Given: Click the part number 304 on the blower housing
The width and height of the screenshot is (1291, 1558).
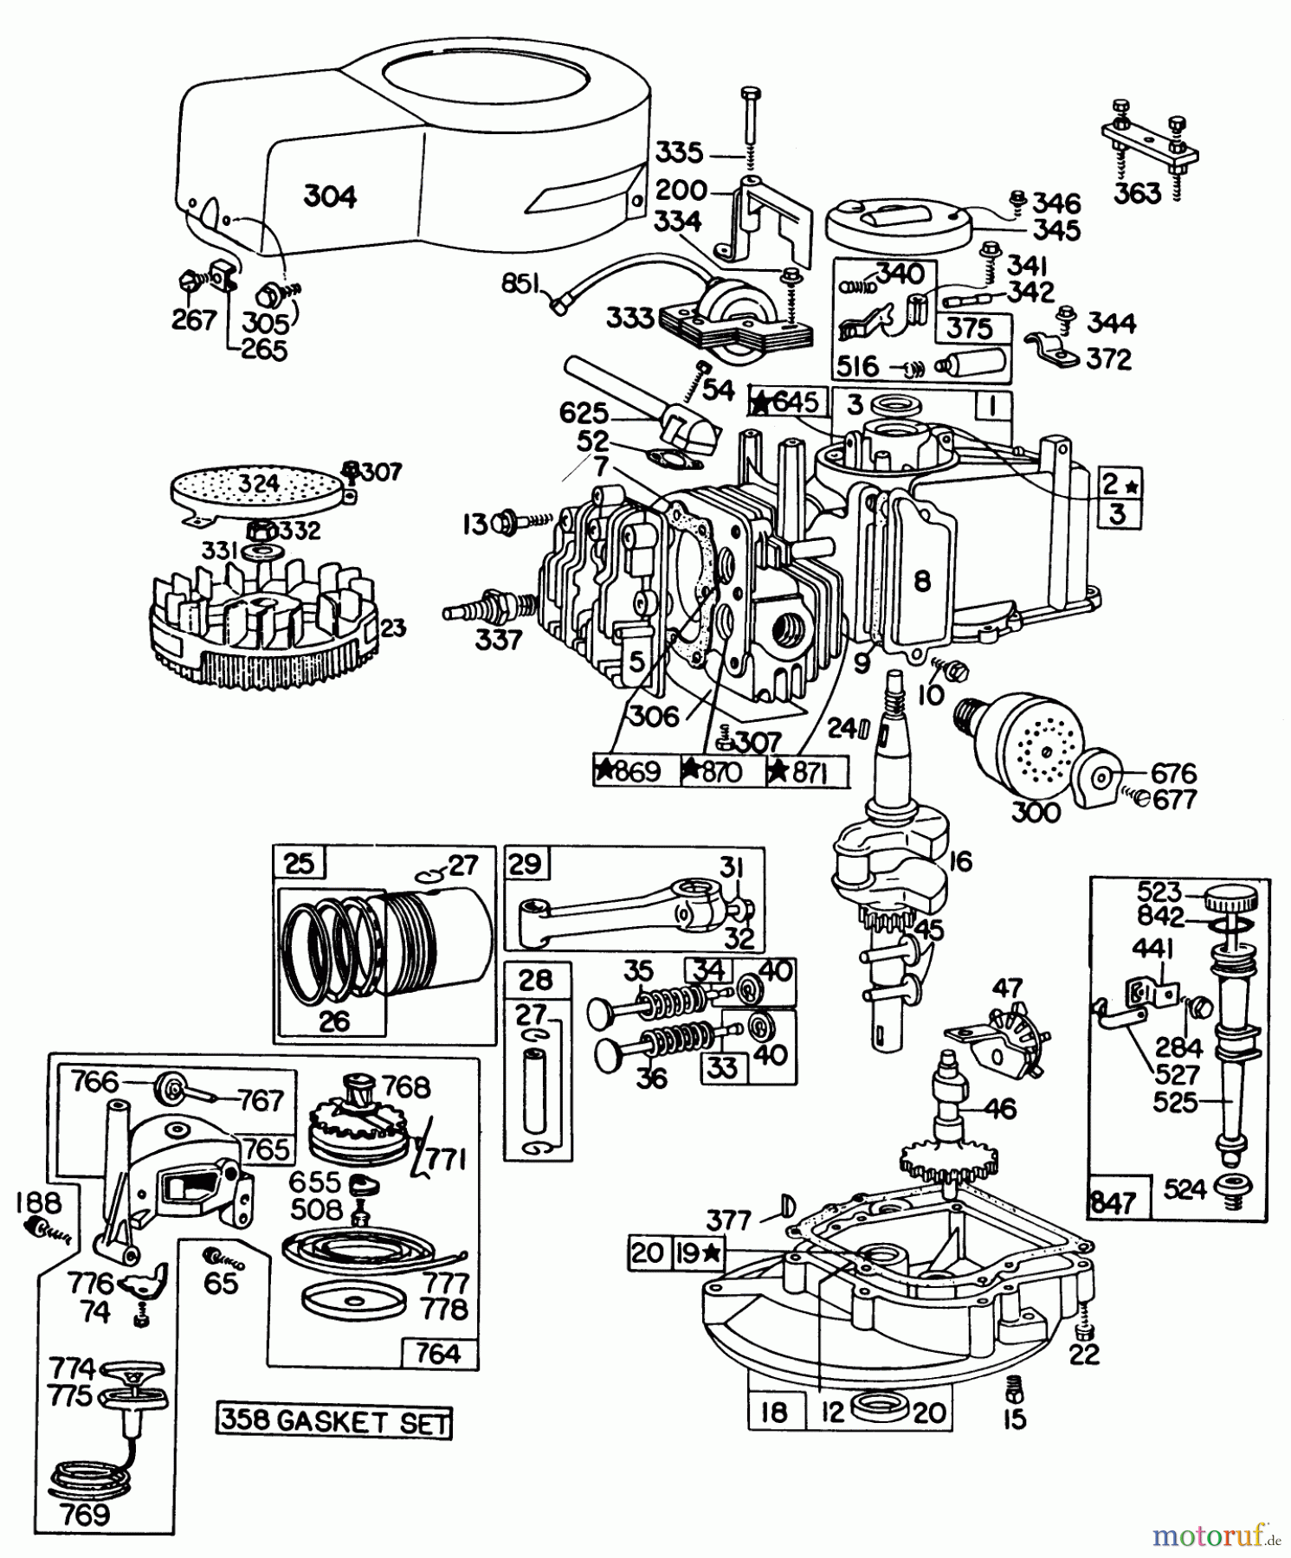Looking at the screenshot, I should (x=330, y=197).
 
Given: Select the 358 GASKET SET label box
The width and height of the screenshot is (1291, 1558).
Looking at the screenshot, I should (x=334, y=1423).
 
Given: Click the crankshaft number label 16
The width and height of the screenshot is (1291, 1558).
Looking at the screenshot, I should (x=959, y=861).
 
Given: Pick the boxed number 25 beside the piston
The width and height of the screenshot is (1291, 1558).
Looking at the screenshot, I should (x=299, y=864).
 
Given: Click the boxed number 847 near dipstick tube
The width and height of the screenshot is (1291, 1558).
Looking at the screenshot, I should (x=1113, y=1202).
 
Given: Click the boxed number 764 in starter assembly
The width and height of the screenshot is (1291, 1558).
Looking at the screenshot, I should (x=439, y=1352).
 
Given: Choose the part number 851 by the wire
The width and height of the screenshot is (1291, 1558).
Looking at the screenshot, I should (x=522, y=286).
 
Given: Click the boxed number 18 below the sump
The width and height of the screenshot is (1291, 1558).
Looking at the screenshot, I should (x=773, y=1413).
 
